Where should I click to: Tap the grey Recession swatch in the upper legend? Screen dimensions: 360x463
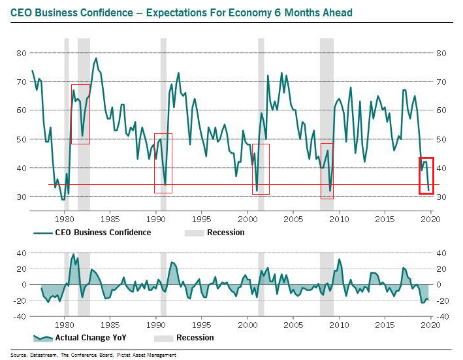[x=194, y=233]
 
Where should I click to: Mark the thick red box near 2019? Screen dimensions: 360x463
[x=426, y=175]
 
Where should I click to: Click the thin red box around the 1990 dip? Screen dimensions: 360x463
[x=163, y=163]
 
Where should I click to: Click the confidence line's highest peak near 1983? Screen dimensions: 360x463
[x=96, y=58]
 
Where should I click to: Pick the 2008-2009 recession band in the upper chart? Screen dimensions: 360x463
[x=327, y=124]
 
